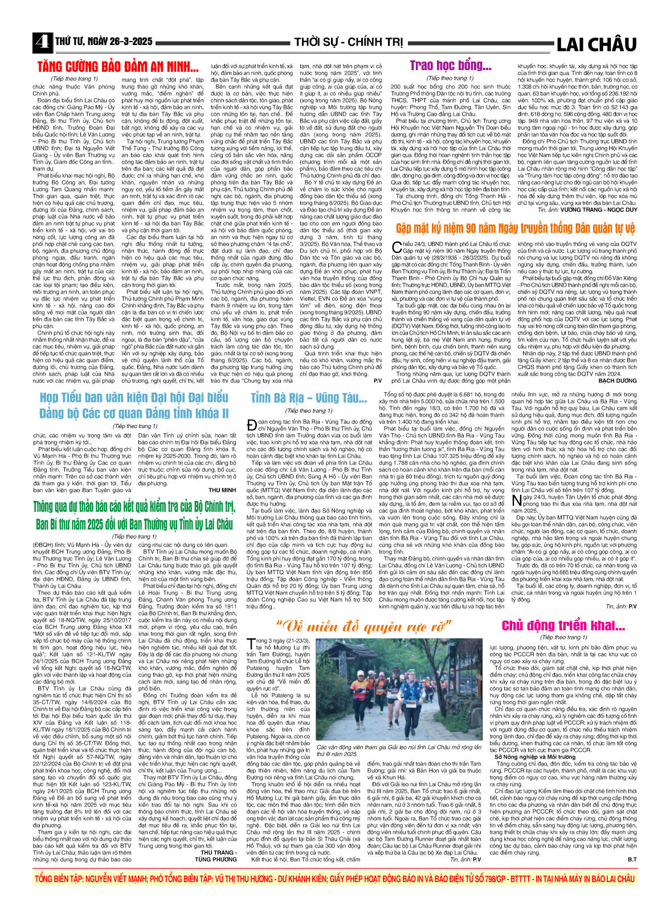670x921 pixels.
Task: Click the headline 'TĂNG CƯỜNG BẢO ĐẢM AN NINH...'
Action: (117, 66)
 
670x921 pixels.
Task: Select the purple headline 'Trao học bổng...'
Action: (450, 66)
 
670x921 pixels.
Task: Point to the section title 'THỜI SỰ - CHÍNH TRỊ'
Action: (348, 42)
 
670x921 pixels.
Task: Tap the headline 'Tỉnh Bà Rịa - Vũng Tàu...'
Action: (309, 398)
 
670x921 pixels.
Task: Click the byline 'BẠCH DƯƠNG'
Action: (618, 380)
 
